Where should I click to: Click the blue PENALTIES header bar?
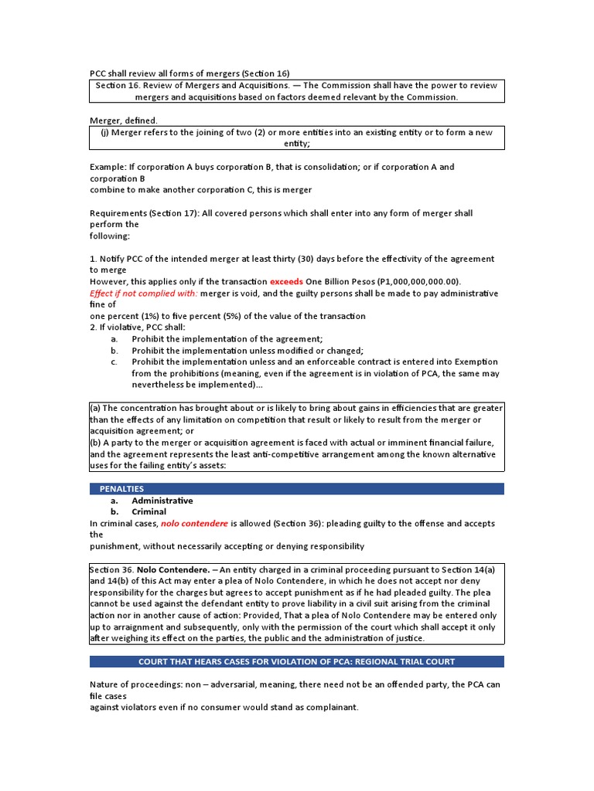tap(296, 489)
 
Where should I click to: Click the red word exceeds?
tap(286, 281)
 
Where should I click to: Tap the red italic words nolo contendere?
tap(194, 523)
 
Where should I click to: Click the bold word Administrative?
tap(162, 501)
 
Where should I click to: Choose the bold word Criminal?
tap(148, 511)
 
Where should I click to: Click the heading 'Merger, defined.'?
tap(124, 121)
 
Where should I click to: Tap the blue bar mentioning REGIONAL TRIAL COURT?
tap(296, 662)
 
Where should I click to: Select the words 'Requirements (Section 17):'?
tap(144, 213)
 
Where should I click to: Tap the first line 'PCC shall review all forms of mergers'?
tap(189, 73)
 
